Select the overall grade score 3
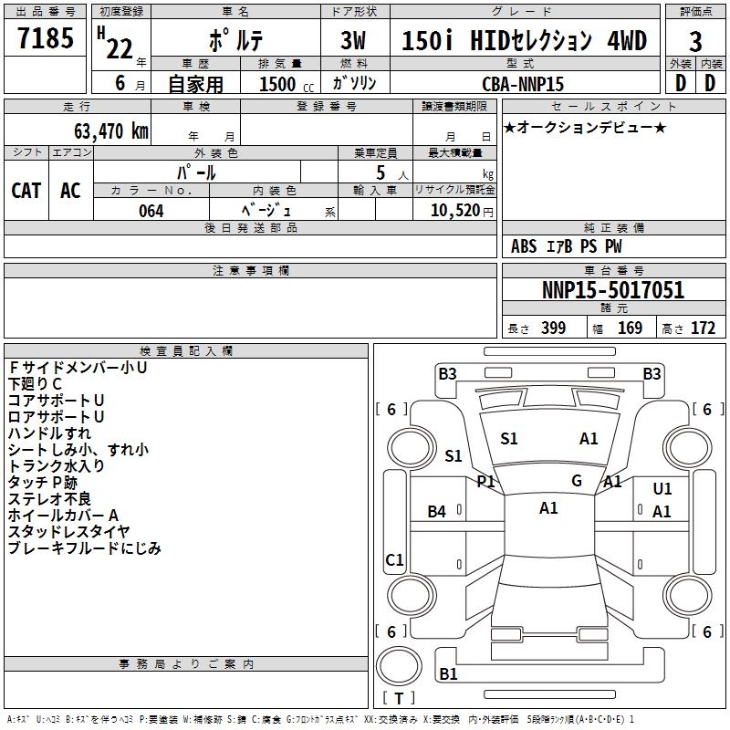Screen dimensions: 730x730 (x=695, y=42)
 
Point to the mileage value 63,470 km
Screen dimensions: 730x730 (x=105, y=130)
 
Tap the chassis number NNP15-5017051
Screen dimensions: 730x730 (x=612, y=291)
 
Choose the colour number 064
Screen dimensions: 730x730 (x=151, y=211)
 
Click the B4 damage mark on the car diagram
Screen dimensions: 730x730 (x=437, y=512)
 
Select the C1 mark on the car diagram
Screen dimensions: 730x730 (x=394, y=560)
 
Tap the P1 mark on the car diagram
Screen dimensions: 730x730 (x=485, y=481)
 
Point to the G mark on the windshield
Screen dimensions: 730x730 (x=577, y=480)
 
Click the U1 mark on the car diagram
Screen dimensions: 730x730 (x=662, y=489)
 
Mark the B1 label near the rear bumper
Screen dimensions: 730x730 (x=448, y=674)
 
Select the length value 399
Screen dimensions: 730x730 (x=552, y=328)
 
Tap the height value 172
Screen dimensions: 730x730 (x=703, y=328)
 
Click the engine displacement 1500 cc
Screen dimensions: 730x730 (x=279, y=84)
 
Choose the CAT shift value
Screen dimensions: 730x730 (x=26, y=191)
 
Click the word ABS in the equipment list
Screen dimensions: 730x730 (x=524, y=246)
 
